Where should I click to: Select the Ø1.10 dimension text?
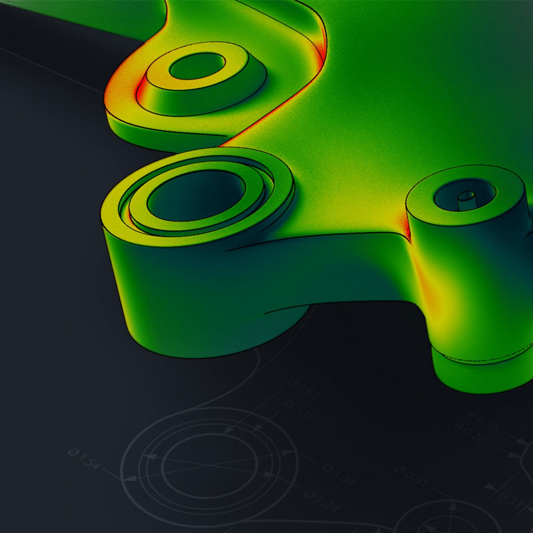(301, 410)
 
